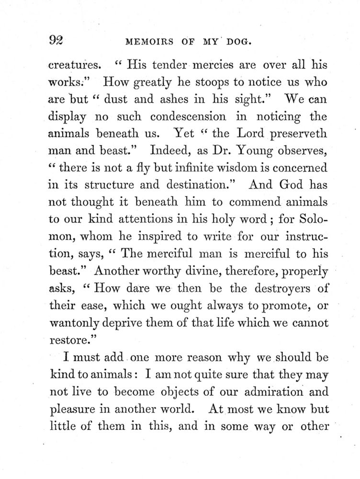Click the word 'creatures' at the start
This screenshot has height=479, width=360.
click(69, 64)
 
